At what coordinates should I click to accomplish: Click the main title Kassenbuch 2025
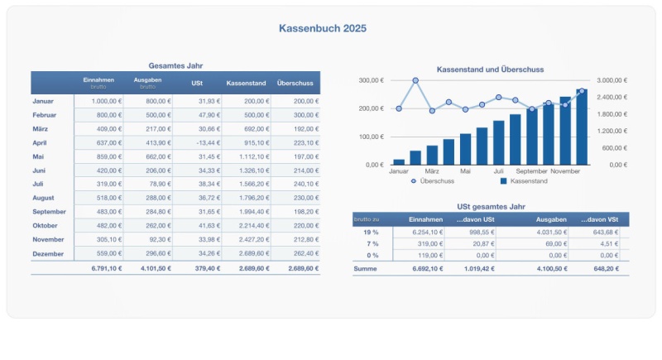click(323, 28)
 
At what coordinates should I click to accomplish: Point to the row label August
click(43, 198)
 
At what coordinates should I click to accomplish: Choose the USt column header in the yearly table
click(197, 83)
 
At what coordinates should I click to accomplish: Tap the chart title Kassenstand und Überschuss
click(490, 70)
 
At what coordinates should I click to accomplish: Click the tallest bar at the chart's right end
click(582, 127)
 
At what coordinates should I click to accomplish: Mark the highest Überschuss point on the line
click(415, 81)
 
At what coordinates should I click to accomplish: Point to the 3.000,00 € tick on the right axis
click(613, 80)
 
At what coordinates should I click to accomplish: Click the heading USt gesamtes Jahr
click(491, 206)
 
